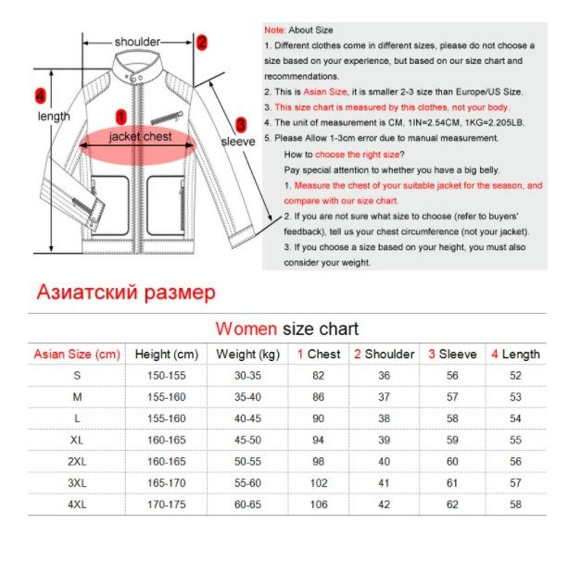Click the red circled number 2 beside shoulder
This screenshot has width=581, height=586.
tap(202, 42)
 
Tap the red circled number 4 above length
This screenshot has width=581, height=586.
tap(39, 94)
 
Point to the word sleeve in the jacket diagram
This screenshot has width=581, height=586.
tap(237, 142)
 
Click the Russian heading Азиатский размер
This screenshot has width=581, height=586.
tap(125, 293)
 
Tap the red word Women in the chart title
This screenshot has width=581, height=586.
tap(246, 329)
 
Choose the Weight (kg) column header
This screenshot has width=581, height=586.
tap(247, 354)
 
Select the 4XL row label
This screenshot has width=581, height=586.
tap(77, 504)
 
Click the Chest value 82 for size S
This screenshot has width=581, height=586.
tap(319, 375)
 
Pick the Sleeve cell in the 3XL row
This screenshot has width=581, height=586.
tap(452, 482)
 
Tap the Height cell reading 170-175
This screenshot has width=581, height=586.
tap(166, 504)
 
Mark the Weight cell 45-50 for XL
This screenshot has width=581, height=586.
tap(247, 440)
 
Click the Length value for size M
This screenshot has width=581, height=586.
tap(515, 396)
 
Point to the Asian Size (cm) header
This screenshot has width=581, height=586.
tap(77, 354)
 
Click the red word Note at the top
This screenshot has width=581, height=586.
tap(274, 31)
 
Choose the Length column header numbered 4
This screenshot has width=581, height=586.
tap(515, 354)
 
